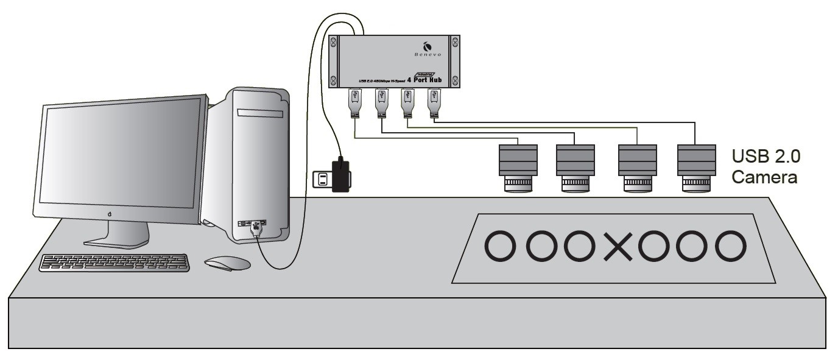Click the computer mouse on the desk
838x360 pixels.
click(227, 264)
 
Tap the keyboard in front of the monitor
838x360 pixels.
click(114, 263)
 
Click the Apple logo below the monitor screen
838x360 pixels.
click(110, 214)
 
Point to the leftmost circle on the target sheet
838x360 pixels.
click(501, 249)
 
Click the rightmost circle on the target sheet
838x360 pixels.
click(730, 248)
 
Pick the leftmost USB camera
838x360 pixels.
click(518, 167)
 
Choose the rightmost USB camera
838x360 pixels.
click(695, 167)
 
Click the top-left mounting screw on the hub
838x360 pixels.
click(333, 42)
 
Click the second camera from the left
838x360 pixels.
click(575, 167)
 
